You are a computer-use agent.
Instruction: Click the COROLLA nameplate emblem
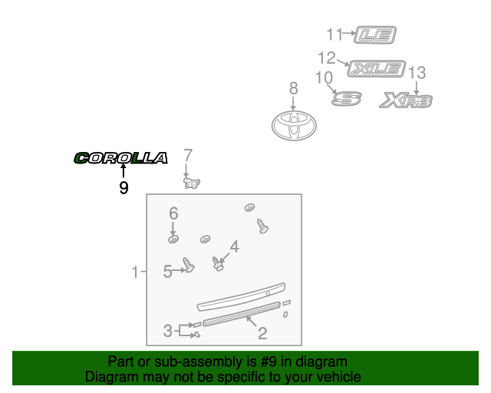click(x=120, y=158)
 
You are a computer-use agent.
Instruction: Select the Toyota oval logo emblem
click(x=294, y=125)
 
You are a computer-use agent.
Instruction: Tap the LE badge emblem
click(x=380, y=34)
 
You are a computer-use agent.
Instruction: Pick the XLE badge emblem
click(x=376, y=68)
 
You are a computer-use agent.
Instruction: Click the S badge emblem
click(x=345, y=98)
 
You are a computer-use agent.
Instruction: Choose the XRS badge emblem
click(x=407, y=101)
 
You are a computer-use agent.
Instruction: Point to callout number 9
click(x=124, y=187)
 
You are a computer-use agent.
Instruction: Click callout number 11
click(x=334, y=34)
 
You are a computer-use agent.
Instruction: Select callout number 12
click(x=327, y=58)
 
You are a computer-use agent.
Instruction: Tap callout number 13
click(x=417, y=73)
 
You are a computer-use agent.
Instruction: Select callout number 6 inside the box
click(x=173, y=213)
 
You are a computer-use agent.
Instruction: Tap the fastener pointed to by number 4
click(x=218, y=266)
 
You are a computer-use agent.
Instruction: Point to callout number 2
click(x=262, y=333)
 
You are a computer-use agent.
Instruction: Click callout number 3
click(x=167, y=332)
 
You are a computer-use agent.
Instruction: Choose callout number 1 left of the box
click(x=135, y=272)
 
